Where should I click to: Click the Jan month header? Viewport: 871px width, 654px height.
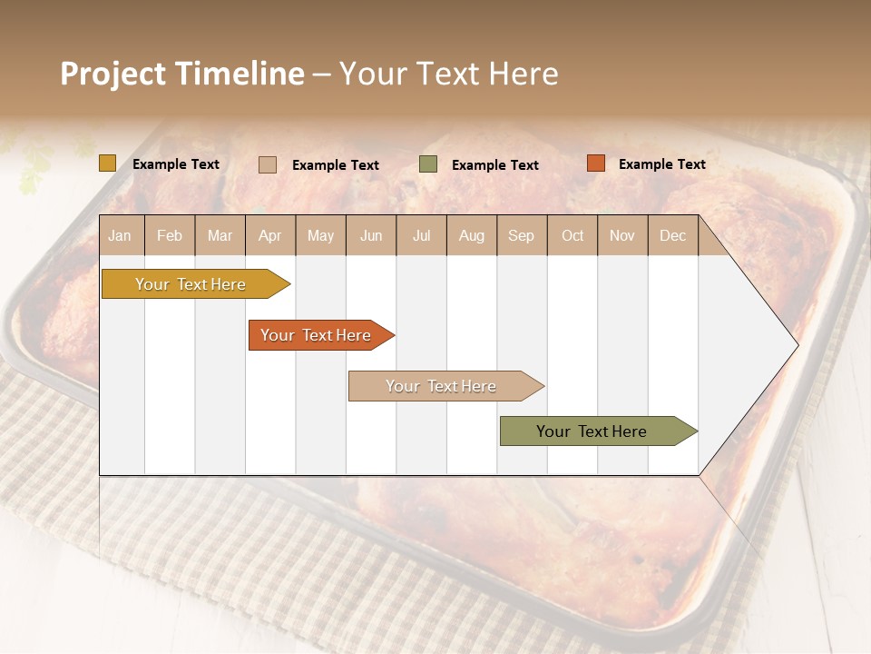[120, 236]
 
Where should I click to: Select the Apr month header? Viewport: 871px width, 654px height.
[269, 236]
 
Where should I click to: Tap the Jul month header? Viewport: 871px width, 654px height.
[421, 236]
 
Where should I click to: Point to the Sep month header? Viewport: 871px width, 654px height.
[521, 236]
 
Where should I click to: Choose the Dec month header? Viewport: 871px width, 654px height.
[672, 236]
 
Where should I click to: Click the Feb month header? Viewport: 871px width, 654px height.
[170, 236]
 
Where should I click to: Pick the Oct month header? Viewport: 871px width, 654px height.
[573, 236]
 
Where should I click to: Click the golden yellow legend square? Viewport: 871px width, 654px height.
[108, 163]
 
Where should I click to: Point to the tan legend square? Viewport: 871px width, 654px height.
[268, 164]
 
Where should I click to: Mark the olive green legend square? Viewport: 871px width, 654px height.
[428, 164]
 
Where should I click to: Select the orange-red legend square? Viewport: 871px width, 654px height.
[595, 163]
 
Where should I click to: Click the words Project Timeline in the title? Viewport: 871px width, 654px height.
[182, 74]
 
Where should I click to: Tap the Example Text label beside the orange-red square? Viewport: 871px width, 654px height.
[661, 164]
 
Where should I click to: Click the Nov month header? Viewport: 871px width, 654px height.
[622, 236]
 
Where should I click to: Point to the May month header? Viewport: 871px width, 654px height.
[320, 236]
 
